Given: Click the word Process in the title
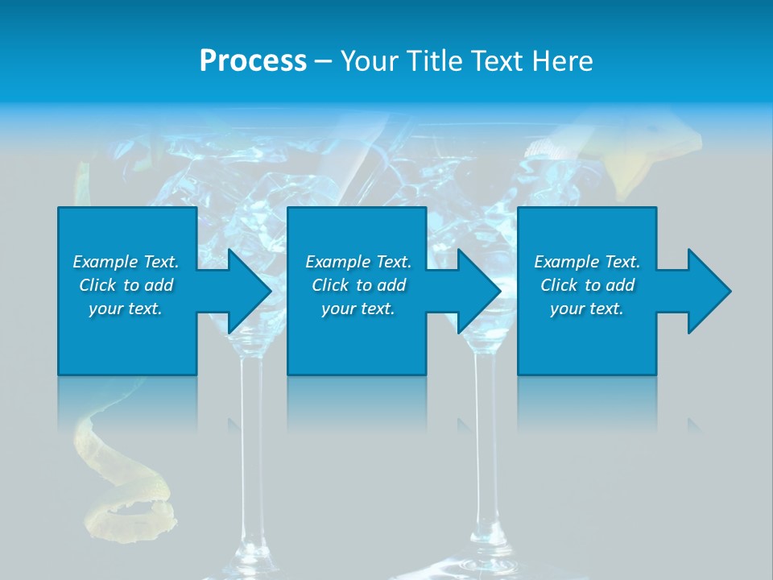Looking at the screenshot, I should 253,61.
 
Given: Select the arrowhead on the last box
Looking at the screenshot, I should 708,291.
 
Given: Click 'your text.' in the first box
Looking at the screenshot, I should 126,309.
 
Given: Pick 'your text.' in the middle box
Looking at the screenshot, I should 358,309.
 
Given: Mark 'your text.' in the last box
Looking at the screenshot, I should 587,309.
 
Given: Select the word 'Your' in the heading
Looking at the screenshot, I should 369,61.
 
